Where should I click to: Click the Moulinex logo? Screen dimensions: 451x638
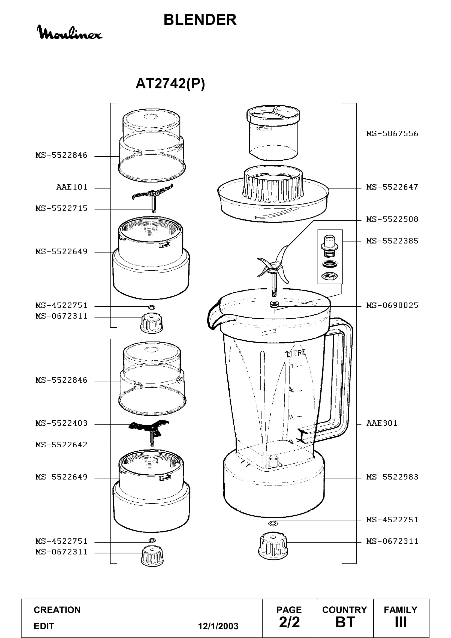tap(70, 32)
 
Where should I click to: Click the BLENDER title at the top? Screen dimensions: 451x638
tap(200, 20)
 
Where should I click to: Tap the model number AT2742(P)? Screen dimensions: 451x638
tap(170, 83)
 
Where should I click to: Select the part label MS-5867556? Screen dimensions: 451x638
tap(392, 134)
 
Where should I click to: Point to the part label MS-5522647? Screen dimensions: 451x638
tap(392, 187)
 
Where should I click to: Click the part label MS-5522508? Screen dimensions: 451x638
tap(392, 219)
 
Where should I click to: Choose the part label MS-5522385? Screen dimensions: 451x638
tap(392, 241)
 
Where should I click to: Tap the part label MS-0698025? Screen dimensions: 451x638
tap(392, 305)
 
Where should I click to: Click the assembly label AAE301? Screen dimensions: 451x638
tap(382, 423)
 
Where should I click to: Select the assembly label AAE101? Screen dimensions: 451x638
tap(72, 187)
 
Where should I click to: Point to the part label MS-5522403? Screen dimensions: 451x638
tap(61, 423)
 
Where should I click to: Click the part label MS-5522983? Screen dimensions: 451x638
tap(392, 477)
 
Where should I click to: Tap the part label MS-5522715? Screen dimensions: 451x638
tap(61, 208)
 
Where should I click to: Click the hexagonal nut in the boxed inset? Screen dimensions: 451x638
tap(330, 276)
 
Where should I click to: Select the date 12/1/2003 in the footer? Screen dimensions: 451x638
tap(218, 626)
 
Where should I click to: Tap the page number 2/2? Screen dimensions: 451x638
tap(289, 622)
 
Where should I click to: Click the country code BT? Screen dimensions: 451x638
tap(345, 622)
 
